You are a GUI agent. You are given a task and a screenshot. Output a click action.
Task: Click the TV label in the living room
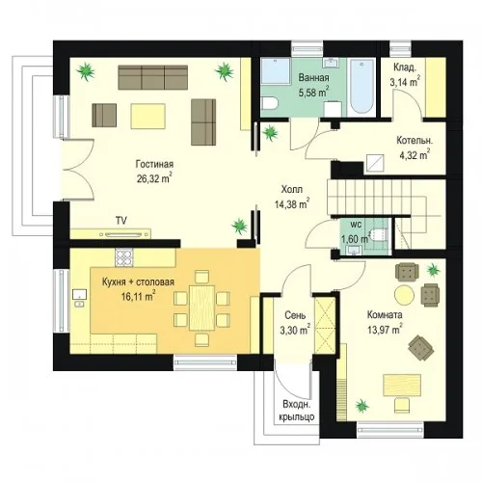click(x=121, y=221)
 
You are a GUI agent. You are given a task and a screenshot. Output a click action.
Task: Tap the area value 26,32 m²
click(x=154, y=178)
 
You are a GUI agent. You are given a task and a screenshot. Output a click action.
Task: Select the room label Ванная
click(x=313, y=77)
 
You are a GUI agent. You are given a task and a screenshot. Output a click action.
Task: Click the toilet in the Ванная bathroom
click(x=269, y=103)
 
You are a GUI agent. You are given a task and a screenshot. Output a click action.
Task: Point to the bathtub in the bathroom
click(x=362, y=86)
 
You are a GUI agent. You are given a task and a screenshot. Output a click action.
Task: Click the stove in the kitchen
click(x=124, y=257)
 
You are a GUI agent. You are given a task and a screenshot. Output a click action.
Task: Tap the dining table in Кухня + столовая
click(x=201, y=308)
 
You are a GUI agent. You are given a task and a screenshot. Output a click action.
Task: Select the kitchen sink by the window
click(x=79, y=296)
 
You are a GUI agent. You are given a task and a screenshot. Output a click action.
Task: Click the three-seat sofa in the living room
click(x=153, y=77)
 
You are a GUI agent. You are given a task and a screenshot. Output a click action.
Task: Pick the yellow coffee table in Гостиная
click(x=148, y=116)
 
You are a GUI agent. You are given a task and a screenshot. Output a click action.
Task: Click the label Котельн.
click(x=415, y=141)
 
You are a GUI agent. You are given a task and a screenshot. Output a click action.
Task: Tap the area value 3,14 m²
click(x=405, y=82)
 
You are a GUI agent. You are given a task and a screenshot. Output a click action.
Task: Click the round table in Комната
click(x=404, y=295)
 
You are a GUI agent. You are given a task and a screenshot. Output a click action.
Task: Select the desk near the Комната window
click(x=402, y=385)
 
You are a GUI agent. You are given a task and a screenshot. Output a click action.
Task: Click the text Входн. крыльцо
click(x=297, y=411)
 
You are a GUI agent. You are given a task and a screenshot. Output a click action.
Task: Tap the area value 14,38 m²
click(x=292, y=203)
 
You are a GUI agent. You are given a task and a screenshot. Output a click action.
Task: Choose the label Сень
click(x=295, y=315)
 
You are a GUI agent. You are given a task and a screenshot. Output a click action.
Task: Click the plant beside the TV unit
click(x=240, y=226)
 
